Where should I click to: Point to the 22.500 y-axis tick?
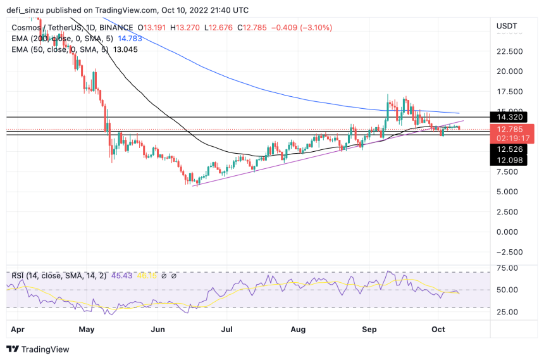point(510,51)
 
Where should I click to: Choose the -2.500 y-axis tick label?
point(509,252)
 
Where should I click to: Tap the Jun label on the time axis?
point(158,329)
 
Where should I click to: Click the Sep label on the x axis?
point(369,329)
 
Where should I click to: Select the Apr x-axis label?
point(18,329)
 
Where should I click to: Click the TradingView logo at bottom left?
point(37,349)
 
